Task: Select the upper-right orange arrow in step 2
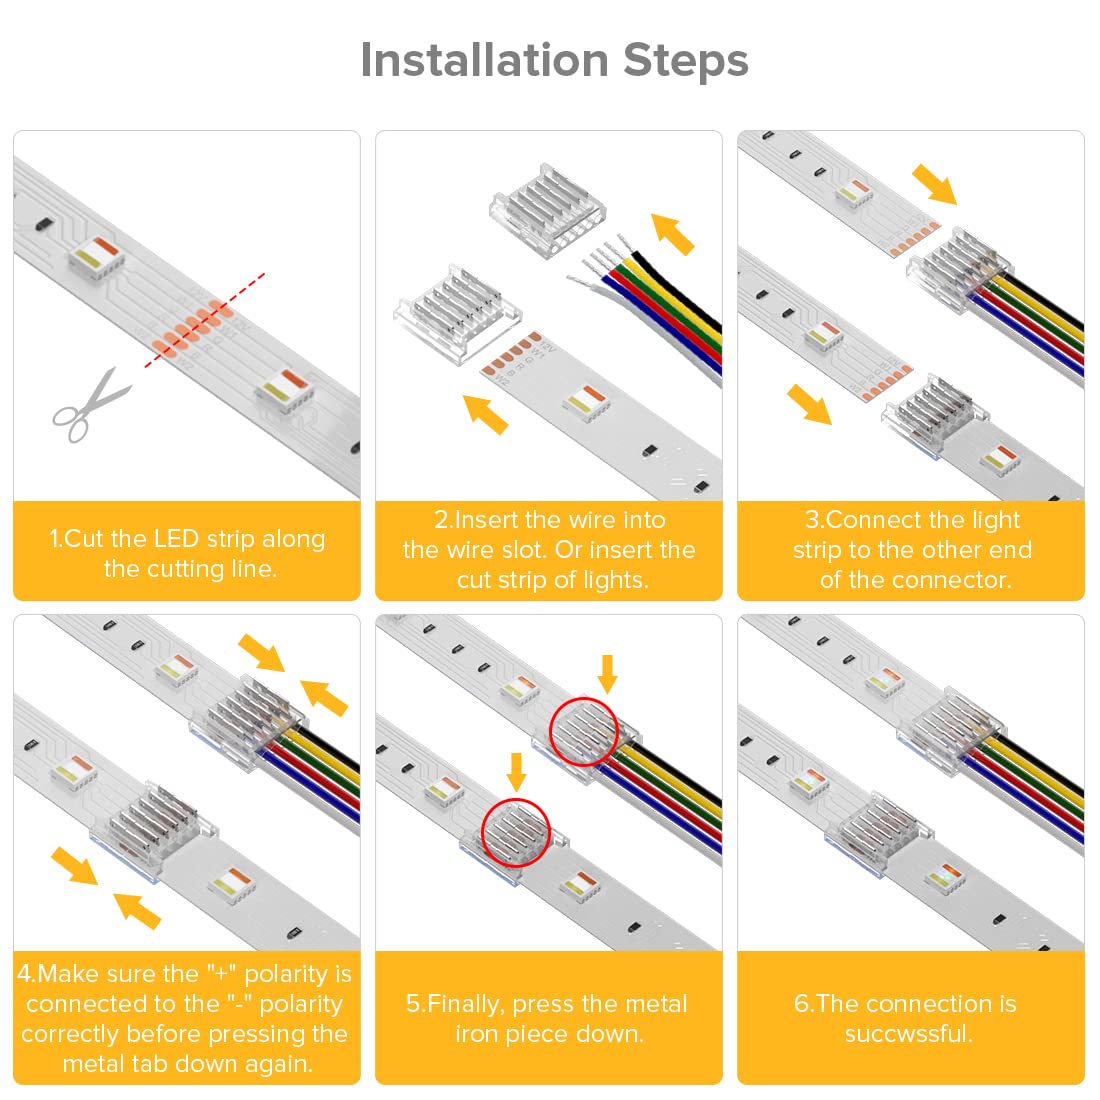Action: tap(672, 233)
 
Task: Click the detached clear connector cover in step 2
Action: tap(546, 212)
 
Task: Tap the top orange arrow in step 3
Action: tap(934, 185)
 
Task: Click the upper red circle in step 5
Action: tap(584, 732)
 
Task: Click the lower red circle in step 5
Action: tap(516, 829)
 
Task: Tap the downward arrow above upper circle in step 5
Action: tap(607, 673)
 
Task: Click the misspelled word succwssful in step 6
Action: tap(908, 1034)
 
